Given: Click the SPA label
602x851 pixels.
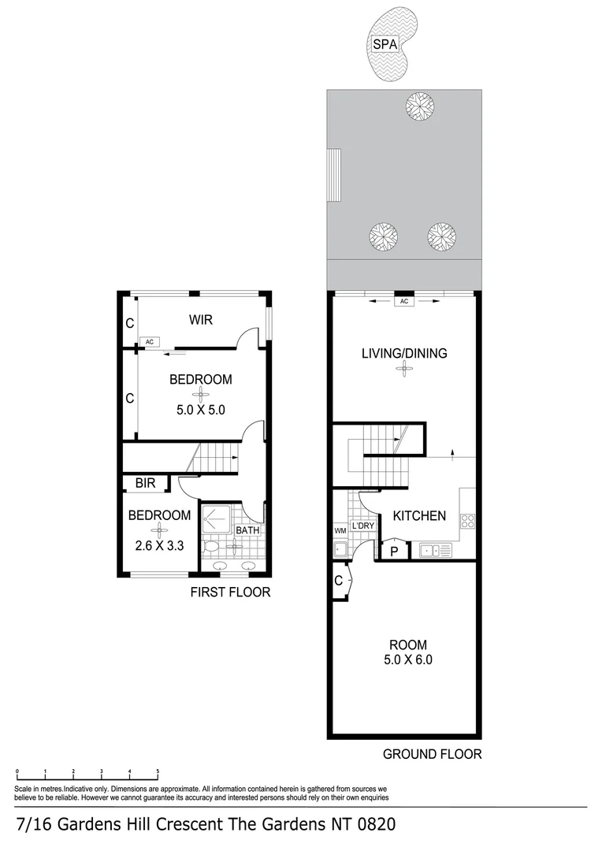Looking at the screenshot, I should click(x=385, y=45).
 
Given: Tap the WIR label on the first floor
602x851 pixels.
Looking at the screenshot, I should click(x=200, y=320).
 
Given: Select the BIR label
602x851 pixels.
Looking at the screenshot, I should click(x=144, y=483).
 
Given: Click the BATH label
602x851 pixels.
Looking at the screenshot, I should click(x=247, y=530).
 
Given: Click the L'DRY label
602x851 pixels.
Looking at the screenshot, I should click(x=363, y=526).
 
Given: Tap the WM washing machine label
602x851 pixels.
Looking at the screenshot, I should click(x=340, y=531).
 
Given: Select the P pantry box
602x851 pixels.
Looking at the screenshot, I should click(x=393, y=550).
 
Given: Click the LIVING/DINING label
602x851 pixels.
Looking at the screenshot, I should click(x=404, y=353).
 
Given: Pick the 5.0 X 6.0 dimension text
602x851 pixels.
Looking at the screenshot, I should click(x=407, y=660).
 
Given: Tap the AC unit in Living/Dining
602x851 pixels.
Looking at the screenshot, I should click(x=404, y=301).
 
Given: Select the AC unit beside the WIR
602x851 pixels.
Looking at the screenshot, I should click(x=149, y=342).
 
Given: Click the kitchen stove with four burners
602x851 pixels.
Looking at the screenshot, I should click(x=467, y=520).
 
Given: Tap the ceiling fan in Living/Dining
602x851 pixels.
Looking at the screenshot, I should click(x=404, y=370).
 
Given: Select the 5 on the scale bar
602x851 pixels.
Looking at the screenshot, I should click(x=158, y=772).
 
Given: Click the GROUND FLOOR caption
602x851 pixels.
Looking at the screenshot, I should click(x=432, y=754).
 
